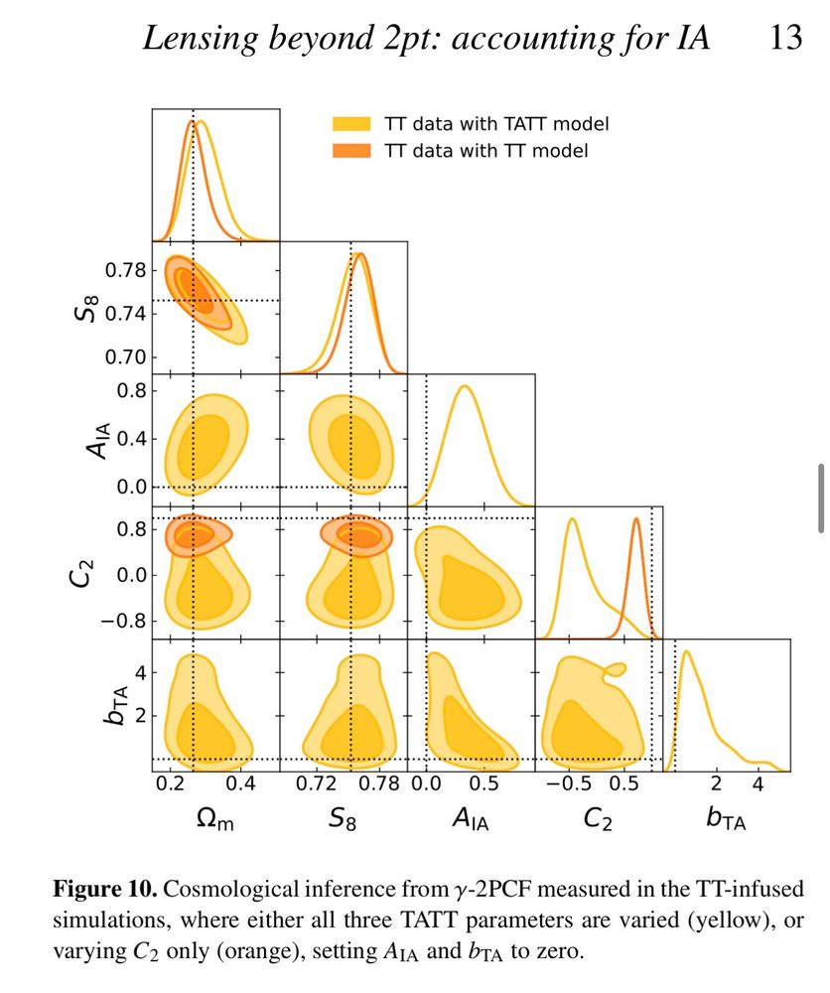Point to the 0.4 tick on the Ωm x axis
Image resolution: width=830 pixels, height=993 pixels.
[x=240, y=784]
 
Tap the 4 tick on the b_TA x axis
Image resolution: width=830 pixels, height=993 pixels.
[x=758, y=784]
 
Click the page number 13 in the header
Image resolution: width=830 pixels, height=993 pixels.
[x=785, y=41]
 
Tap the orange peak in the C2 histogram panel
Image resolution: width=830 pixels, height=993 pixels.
[x=635, y=519]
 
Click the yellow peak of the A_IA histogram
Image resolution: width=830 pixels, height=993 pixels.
[x=465, y=386]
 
